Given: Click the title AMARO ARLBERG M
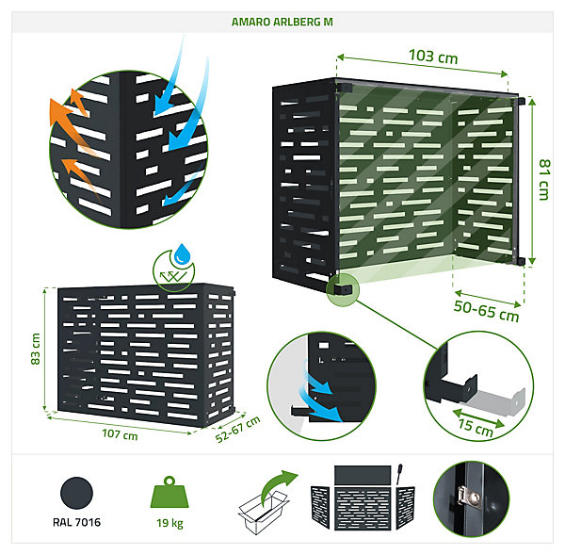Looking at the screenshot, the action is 282,22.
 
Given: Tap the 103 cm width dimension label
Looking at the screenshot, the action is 433,57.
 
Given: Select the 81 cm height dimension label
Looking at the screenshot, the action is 544,180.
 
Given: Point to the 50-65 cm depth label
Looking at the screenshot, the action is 486,311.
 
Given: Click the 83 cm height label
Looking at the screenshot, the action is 36,349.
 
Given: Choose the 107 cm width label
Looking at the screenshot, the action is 120,433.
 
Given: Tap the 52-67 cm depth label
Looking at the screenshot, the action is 238,429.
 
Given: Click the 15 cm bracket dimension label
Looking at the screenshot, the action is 476,428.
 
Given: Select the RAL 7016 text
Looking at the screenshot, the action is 76,522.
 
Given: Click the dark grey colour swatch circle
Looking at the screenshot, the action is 76,493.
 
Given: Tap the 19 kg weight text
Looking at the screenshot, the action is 169,523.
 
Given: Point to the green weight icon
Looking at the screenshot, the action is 169,492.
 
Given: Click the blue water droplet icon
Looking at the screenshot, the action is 182,253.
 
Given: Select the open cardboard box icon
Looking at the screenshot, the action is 263,511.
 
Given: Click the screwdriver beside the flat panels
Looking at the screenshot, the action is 399,474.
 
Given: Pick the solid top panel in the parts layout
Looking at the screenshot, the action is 363,475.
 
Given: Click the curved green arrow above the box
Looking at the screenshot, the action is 278,486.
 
